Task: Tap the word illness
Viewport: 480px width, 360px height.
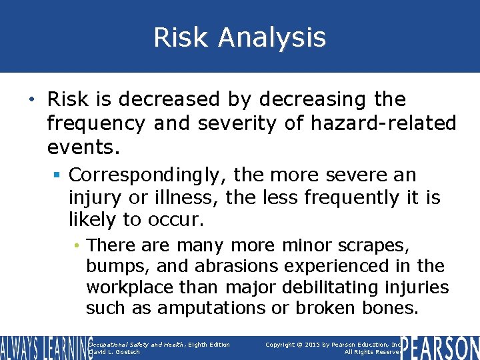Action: [189, 198]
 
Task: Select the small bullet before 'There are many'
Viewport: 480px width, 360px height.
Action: [78, 246]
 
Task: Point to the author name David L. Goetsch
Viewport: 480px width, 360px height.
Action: [115, 352]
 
